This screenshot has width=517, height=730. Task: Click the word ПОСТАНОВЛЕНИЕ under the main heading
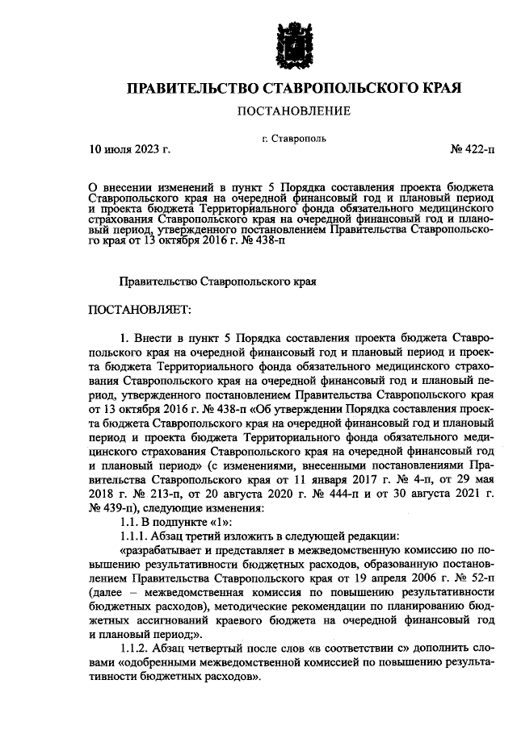point(292,111)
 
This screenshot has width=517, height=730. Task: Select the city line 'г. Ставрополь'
point(294,139)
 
